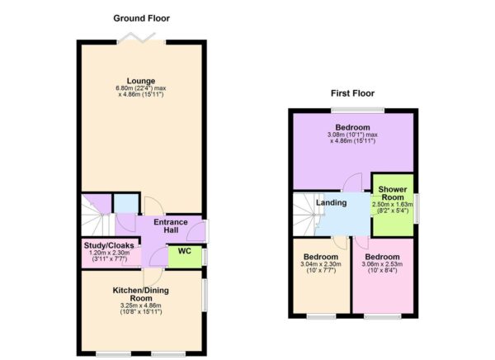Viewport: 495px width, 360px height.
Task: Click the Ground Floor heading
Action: [x=143, y=17]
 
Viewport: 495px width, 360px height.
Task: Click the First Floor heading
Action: [x=353, y=93]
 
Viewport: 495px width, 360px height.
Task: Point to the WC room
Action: [x=185, y=252]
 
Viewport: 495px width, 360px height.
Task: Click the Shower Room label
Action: [x=392, y=195]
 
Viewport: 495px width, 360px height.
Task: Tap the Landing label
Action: [x=332, y=203]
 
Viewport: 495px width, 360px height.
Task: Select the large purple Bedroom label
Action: [x=352, y=126]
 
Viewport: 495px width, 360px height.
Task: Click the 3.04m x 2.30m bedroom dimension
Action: [x=320, y=266]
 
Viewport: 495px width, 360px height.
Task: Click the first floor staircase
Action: [x=306, y=215]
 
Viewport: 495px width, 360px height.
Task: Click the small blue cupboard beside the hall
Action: [x=126, y=204]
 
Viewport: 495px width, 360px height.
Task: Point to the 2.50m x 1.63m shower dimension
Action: [x=392, y=205]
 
